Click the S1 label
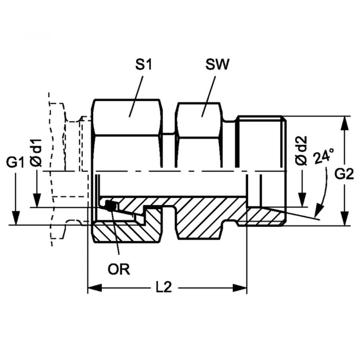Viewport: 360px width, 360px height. point(144,65)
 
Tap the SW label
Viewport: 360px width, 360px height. point(217,65)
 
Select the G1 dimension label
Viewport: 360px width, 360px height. point(15,163)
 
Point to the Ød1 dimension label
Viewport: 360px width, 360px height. point(36,152)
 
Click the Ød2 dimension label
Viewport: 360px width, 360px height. point(301,150)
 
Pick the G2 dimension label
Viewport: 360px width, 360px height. point(344,174)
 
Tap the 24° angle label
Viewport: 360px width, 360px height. point(324,156)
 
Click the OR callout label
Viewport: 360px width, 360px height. point(119,269)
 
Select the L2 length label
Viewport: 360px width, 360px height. point(164,287)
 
